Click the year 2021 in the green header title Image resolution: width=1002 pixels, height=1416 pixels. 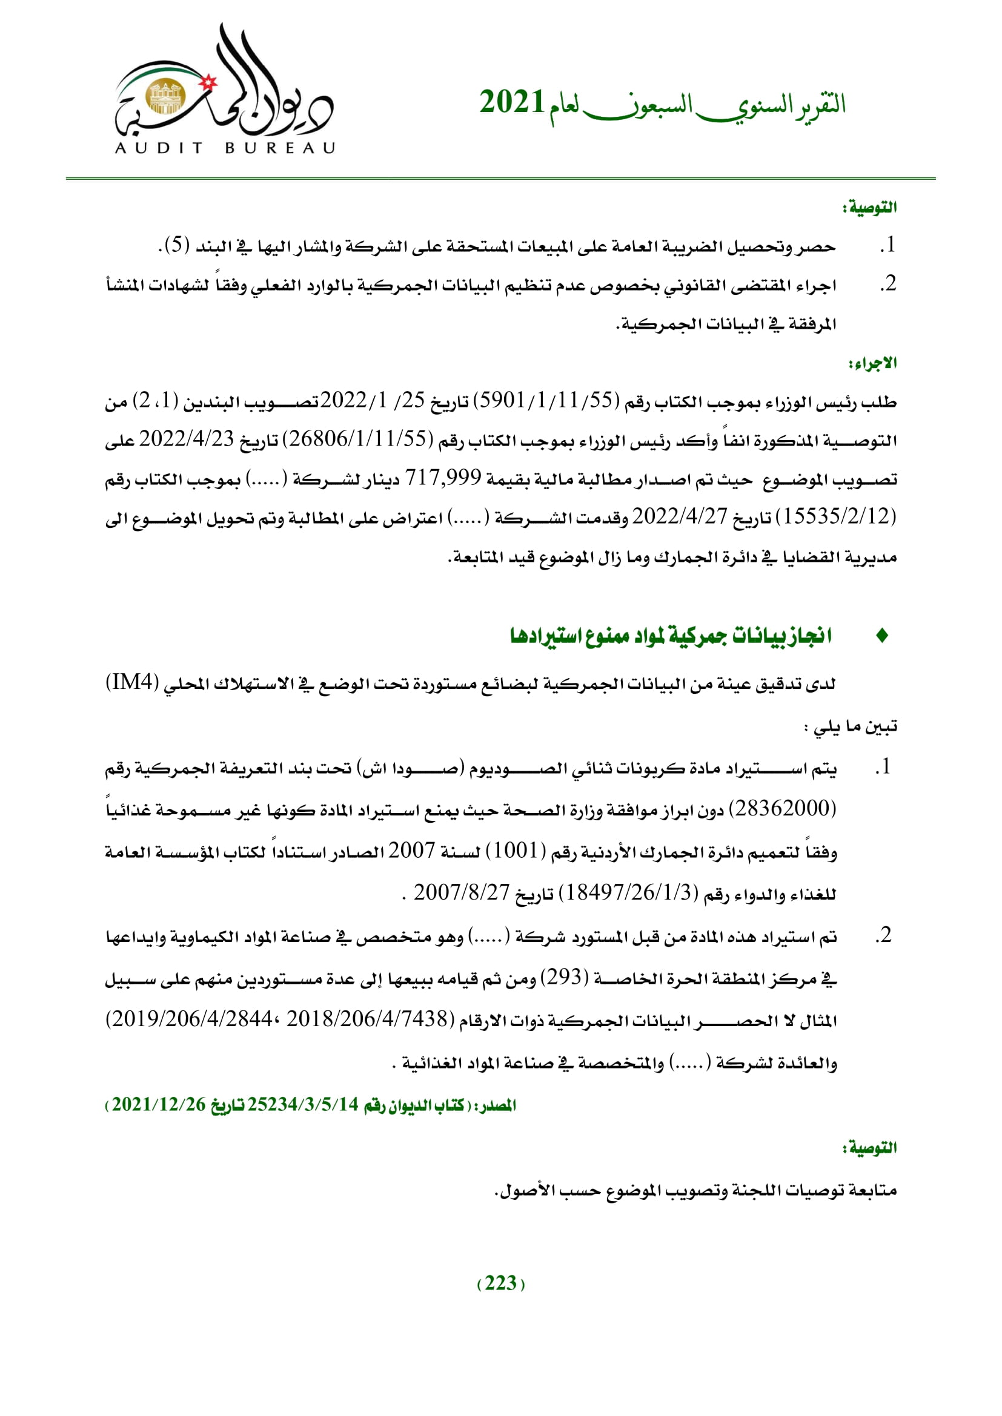511,102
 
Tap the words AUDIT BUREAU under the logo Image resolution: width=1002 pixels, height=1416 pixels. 225,148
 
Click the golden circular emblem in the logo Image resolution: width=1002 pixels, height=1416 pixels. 165,97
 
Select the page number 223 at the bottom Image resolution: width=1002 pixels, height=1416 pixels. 500,1283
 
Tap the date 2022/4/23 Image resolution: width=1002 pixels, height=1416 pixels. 186,439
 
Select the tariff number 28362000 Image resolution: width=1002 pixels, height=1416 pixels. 782,809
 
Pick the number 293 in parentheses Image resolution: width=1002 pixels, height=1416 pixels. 565,977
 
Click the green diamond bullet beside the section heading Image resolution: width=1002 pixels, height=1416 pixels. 881,636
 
